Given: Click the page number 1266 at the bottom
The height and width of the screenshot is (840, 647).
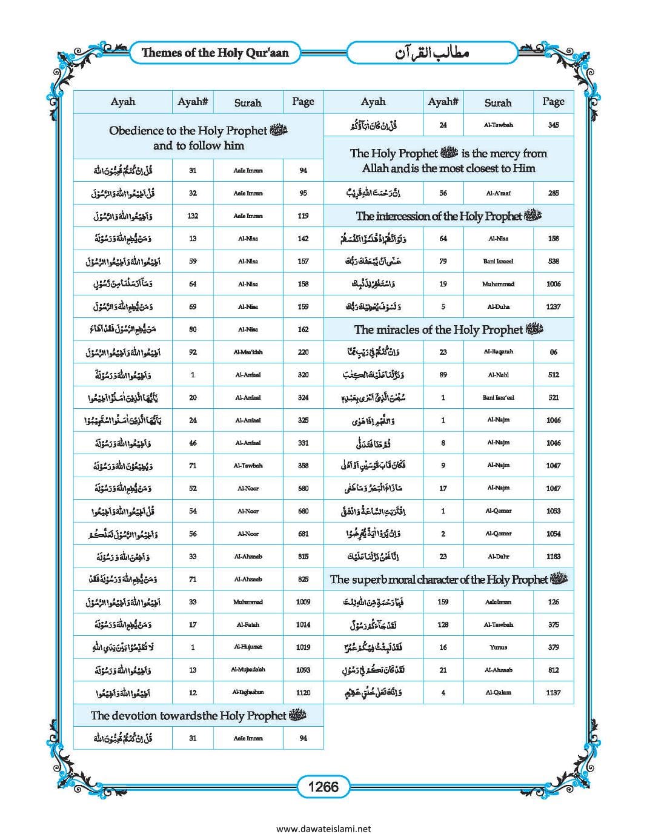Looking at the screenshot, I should pos(323,787).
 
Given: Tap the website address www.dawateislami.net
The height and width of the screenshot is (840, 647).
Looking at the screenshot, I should pos(323,829).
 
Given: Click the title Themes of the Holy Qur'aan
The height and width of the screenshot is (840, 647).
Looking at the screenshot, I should pos(215,53).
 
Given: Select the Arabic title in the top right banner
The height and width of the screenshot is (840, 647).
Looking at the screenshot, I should pos(433,53).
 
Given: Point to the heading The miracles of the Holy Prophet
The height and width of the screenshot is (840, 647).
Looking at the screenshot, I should pos(448,329).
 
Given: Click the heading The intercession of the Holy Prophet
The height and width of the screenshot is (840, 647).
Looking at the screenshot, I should pos(448,216).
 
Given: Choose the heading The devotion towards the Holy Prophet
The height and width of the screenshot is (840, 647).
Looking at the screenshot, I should pos(198,715).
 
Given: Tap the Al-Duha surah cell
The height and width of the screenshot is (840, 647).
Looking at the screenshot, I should pos(498,306).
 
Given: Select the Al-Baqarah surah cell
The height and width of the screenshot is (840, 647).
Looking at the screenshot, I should pos(498,352).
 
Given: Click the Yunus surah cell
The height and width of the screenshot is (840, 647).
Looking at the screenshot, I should pos(498,647).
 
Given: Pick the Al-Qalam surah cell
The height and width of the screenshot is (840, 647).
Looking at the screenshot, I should pos(498,692).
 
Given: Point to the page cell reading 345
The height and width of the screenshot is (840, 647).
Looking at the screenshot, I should pos(553,125).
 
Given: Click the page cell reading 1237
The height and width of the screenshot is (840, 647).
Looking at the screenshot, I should pos(553,306).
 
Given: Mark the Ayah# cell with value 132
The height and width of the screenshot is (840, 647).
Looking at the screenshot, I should pos(193,216).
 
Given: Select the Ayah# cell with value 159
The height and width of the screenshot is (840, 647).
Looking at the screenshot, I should pos(443,602).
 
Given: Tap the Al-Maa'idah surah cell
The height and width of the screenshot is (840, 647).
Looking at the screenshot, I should pos(248,352).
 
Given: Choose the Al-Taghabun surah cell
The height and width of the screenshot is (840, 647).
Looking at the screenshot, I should pos(248,692).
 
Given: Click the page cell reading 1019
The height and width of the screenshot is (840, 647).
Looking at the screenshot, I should pos(303,647).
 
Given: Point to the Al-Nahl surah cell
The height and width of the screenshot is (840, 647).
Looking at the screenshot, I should pos(498,375).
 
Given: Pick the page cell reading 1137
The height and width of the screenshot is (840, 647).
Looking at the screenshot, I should pos(553,692).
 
